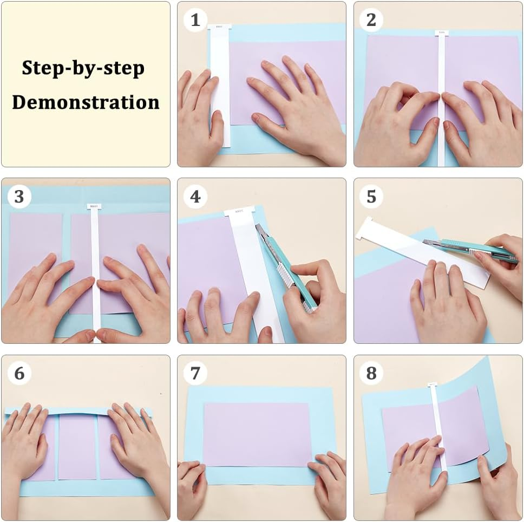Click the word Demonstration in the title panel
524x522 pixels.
(x=86, y=102)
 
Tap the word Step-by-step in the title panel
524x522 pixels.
(x=83, y=69)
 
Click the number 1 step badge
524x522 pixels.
(x=195, y=20)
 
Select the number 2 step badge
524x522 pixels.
(x=371, y=20)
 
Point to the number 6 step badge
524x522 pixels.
(x=19, y=373)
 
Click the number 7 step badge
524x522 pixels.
(x=195, y=373)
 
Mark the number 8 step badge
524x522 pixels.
(x=371, y=373)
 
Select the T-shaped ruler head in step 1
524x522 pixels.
(x=219, y=27)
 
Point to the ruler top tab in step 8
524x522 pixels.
(x=432, y=385)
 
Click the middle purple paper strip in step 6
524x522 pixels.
(x=77, y=447)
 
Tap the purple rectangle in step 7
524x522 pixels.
(x=257, y=434)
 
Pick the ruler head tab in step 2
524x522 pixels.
(x=441, y=33)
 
